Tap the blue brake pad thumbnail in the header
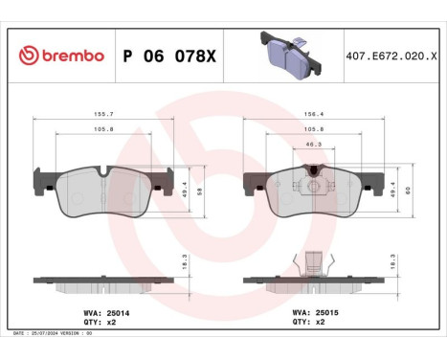tap(286, 56)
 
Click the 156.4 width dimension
tap(303, 113)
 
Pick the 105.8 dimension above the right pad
tap(303, 128)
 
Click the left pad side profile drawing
tap(103, 282)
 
